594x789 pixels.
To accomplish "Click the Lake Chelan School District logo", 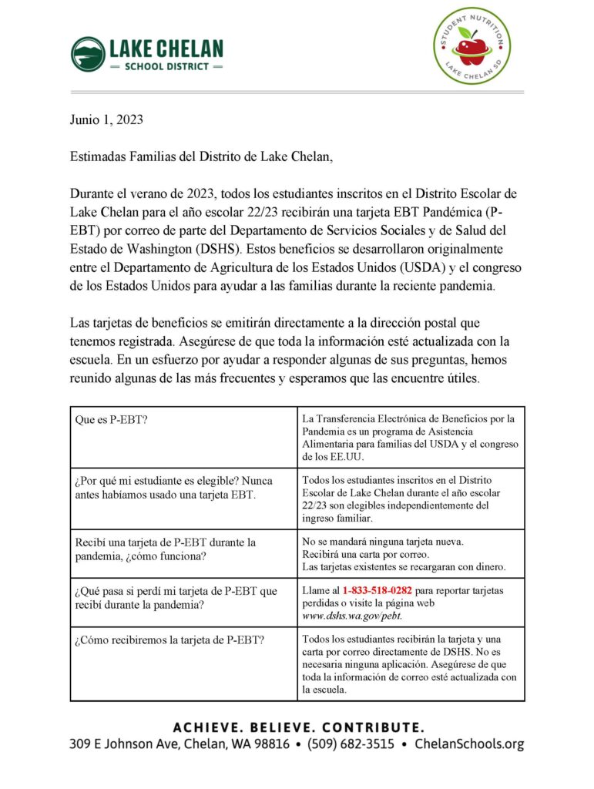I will (147, 54).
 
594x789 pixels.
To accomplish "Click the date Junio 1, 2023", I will (106, 120).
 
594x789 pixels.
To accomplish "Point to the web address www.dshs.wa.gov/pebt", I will (352, 616).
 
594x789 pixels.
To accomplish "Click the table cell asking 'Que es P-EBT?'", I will (183, 435).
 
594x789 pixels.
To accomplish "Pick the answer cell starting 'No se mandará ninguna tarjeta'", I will (411, 553).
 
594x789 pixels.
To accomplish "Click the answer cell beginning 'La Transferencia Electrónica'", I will (411, 435).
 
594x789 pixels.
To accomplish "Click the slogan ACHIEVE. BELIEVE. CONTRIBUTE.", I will (297, 727).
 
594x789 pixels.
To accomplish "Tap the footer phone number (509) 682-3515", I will (351, 744).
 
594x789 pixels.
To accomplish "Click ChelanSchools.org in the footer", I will (469, 744).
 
